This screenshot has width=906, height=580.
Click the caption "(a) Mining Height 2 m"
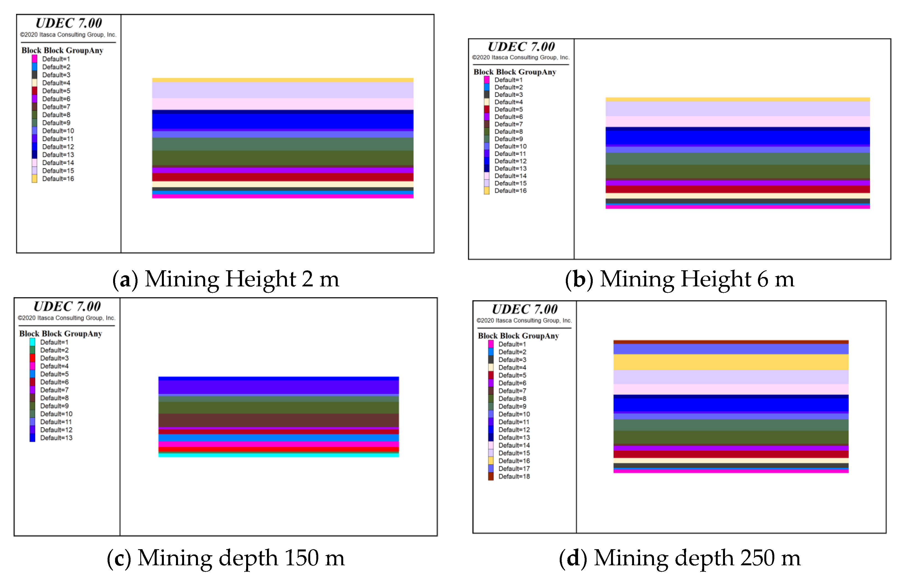pyautogui.click(x=226, y=279)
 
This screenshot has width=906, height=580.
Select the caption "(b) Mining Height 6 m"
pyautogui.click(x=679, y=279)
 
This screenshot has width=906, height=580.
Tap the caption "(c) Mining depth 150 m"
pyautogui.click(x=226, y=558)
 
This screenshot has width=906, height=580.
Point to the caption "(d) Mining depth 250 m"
pyautogui.click(x=679, y=558)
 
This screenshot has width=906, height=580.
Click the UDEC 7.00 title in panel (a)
pyautogui.click(x=69, y=23)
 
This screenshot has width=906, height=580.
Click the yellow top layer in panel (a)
pyautogui.click(x=283, y=80)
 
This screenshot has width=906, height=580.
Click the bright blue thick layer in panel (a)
pyautogui.click(x=283, y=121)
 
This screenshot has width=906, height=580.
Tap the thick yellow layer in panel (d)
pyautogui.click(x=731, y=362)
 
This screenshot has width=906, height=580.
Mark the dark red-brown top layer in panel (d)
pyautogui.click(x=731, y=342)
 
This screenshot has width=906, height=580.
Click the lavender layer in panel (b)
pyautogui.click(x=737, y=109)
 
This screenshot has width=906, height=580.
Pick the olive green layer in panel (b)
pyautogui.click(x=737, y=172)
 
